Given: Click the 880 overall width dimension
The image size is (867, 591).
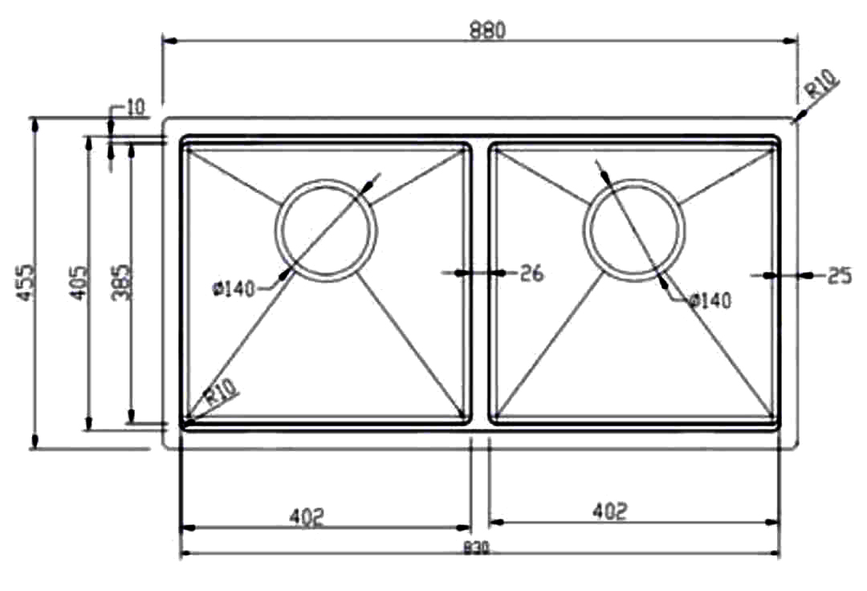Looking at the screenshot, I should [x=487, y=30].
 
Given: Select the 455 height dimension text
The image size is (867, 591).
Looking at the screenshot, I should [x=26, y=282].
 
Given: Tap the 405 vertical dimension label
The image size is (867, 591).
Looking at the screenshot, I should [x=78, y=282].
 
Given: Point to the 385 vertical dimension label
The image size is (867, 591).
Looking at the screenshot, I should [x=121, y=282].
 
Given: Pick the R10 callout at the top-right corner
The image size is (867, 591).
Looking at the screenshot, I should [x=822, y=85].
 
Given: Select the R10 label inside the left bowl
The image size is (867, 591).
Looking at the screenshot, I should [x=222, y=395].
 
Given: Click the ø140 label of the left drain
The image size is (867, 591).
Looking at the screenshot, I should [x=234, y=287].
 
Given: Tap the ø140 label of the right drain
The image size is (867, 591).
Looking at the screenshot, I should [x=710, y=300].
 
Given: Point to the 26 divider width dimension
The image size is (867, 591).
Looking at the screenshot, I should [x=531, y=274].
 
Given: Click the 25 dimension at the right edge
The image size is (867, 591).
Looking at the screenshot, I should [x=838, y=276].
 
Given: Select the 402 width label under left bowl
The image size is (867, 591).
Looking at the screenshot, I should [x=306, y=516].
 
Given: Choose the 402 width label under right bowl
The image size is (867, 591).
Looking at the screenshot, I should [x=609, y=511].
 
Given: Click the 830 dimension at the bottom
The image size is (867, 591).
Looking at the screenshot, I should [x=477, y=550].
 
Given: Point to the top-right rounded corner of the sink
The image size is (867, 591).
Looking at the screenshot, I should [x=794, y=122].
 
